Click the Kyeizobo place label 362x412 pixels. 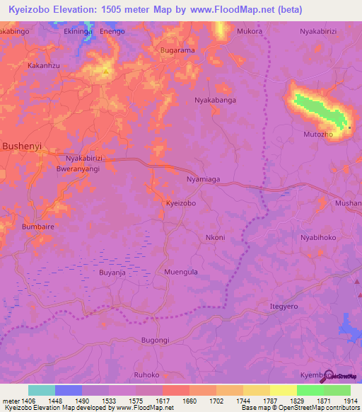pos(180,202)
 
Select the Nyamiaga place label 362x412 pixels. pos(204,180)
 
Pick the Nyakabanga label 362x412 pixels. pos(215,101)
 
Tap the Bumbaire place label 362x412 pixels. pos(38,227)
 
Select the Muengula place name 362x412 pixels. pos(180,271)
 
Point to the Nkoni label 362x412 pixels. pos(215,237)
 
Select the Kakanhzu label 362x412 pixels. pos(42,65)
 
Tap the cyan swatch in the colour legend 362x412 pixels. pos(42,390)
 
